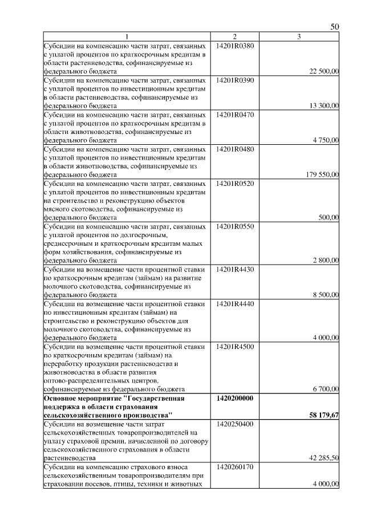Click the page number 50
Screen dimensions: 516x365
click(335, 28)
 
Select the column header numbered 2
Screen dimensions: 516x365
click(234, 37)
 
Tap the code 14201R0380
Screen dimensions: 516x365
click(235, 45)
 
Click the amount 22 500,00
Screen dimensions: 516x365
click(324, 71)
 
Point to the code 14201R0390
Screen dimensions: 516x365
click(235, 80)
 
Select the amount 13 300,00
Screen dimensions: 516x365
click(324, 105)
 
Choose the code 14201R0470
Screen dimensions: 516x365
click(235, 115)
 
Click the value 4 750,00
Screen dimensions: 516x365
click(326, 140)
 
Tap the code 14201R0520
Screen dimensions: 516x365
click(235, 184)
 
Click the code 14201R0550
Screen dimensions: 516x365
click(235, 226)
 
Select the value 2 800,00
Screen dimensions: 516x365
click(326, 261)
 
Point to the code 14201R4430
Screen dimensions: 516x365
click(235, 270)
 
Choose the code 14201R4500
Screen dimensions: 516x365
click(235, 347)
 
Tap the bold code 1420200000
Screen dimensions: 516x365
click(235, 398)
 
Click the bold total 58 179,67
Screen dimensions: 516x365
click(324, 416)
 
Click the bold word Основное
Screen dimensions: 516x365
click(62, 398)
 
